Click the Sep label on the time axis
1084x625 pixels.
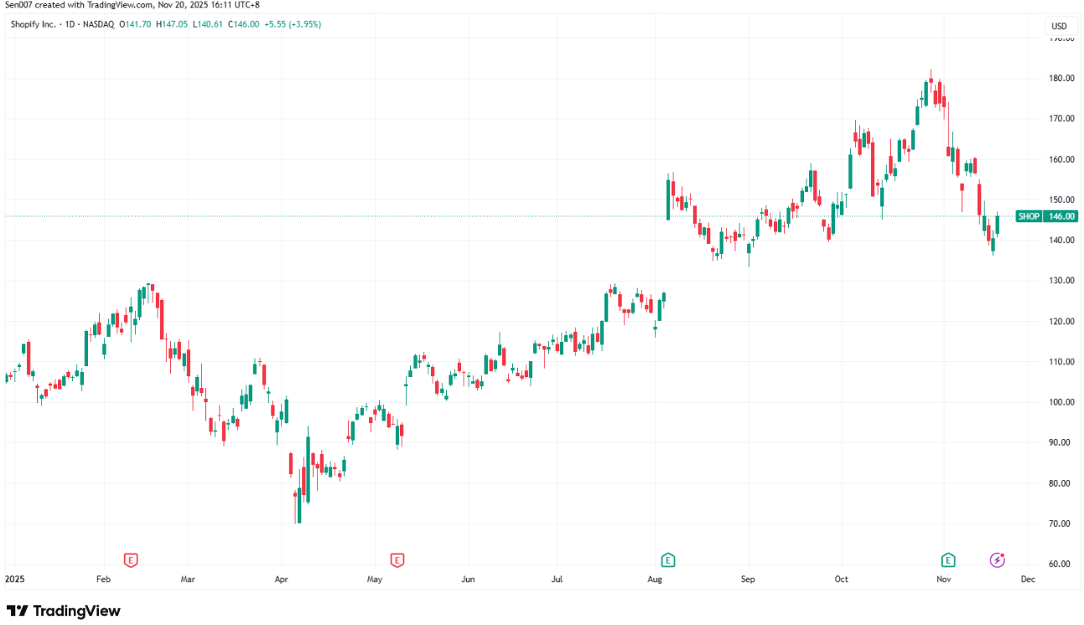click(748, 579)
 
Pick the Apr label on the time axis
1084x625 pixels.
click(282, 579)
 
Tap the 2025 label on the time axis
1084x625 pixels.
click(15, 579)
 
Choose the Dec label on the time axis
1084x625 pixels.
click(1028, 579)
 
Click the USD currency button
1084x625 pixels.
click(1059, 26)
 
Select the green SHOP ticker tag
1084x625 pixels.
click(1029, 216)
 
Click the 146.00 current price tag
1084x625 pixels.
click(1062, 216)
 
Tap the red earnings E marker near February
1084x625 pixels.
click(130, 560)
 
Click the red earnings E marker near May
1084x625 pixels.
click(397, 560)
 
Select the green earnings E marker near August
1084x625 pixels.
click(668, 560)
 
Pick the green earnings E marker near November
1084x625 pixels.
click(948, 560)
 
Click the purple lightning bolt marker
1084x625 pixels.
click(998, 560)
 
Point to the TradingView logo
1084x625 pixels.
click(64, 611)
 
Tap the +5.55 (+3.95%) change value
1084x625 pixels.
click(293, 24)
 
